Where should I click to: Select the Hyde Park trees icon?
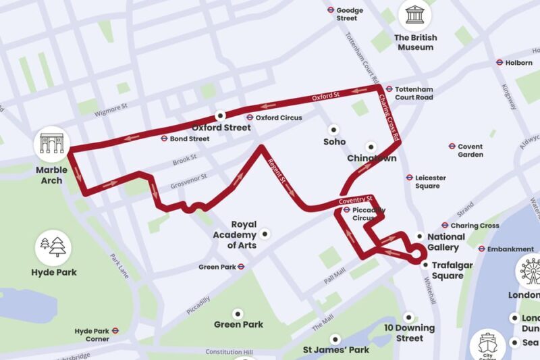[53, 247]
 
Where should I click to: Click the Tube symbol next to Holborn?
[500, 62]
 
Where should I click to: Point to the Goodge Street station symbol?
[331, 10]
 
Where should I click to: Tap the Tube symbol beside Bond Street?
[164, 138]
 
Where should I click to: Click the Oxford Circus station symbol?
[249, 118]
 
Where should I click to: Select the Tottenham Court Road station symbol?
[389, 89]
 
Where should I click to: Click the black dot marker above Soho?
[333, 129]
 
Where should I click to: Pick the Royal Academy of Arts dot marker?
[265, 234]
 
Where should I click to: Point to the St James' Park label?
[335, 350]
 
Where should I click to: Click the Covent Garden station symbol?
[452, 146]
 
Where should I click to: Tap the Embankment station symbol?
[481, 249]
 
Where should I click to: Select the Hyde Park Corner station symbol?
[115, 331]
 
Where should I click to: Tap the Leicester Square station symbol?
[409, 177]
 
